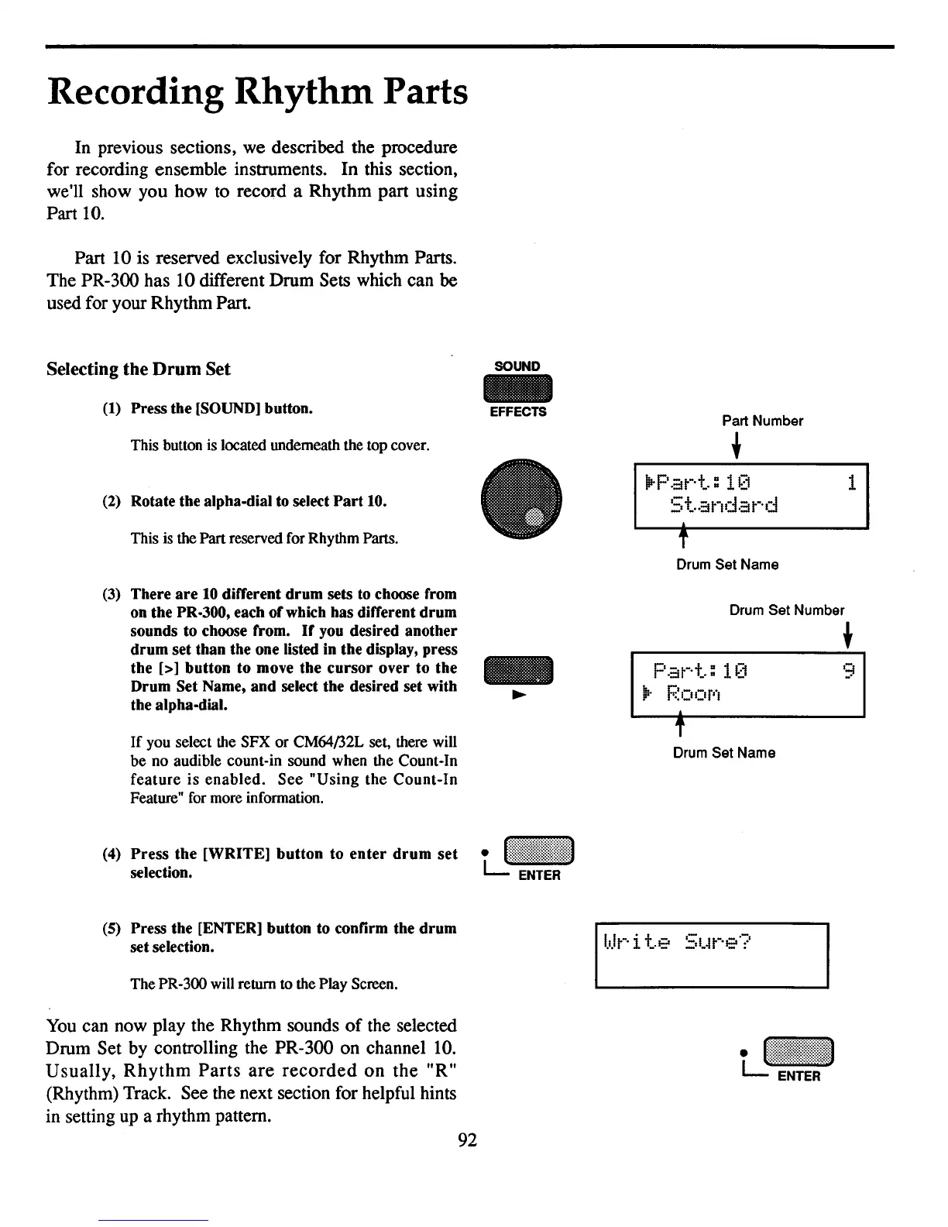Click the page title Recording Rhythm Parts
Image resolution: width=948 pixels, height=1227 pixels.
coord(257,94)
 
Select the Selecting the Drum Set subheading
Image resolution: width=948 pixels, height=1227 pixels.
coord(139,369)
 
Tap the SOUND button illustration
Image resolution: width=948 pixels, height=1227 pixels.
coord(517,389)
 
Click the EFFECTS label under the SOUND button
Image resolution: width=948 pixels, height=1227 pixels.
coord(518,412)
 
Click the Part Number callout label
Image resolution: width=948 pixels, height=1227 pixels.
coord(762,421)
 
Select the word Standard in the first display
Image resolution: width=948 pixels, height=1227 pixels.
coord(723,507)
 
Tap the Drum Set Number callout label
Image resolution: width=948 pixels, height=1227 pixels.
coord(786,610)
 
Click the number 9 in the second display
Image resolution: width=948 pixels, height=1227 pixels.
coord(849,670)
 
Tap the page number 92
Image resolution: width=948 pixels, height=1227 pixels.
coord(468,1139)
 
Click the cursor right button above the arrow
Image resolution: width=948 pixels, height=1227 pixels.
coord(518,671)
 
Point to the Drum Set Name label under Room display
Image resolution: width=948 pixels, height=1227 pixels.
coord(723,753)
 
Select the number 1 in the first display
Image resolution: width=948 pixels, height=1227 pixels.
coord(851,483)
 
